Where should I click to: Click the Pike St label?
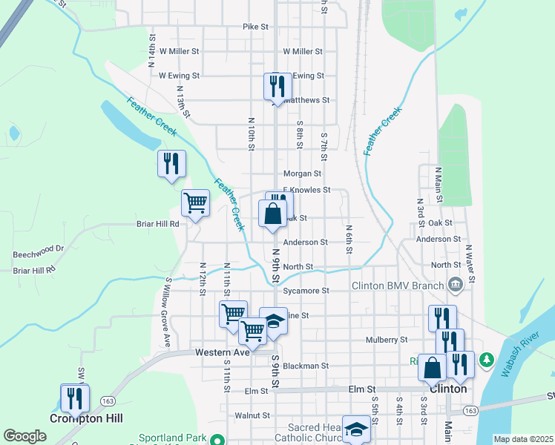point(254,27)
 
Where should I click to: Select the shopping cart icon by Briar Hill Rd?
point(195,202)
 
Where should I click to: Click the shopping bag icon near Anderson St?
point(273,214)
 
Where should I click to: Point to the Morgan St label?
point(301,174)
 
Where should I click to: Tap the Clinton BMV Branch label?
point(397,285)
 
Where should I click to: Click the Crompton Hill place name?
point(79,418)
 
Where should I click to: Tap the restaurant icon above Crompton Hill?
point(75,398)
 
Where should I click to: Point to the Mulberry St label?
point(387,340)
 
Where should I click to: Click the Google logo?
point(24,436)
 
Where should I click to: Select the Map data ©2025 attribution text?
point(522,439)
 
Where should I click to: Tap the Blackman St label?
point(305,366)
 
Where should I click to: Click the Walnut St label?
point(252,416)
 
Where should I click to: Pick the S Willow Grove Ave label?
point(168,312)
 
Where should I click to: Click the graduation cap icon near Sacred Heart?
point(357,429)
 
